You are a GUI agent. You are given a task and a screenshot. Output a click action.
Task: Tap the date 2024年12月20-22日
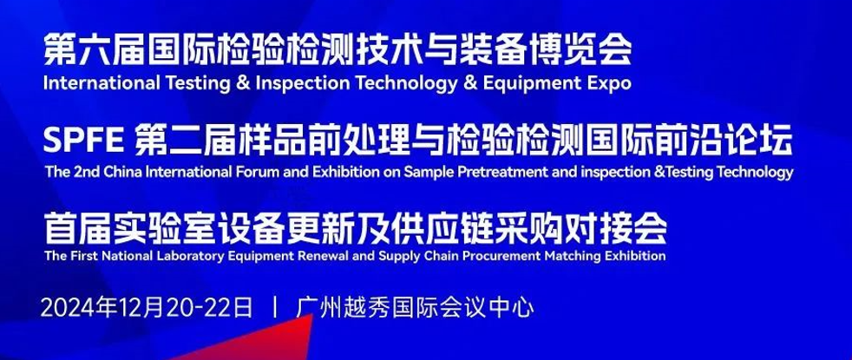pyautogui.click(x=147, y=308)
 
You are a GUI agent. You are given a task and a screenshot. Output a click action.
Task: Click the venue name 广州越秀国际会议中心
pyautogui.click(x=416, y=308)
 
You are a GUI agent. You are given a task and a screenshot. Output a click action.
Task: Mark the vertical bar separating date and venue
pyautogui.click(x=276, y=308)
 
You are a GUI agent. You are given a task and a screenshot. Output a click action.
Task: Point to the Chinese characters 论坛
pyautogui.click(x=764, y=142)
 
